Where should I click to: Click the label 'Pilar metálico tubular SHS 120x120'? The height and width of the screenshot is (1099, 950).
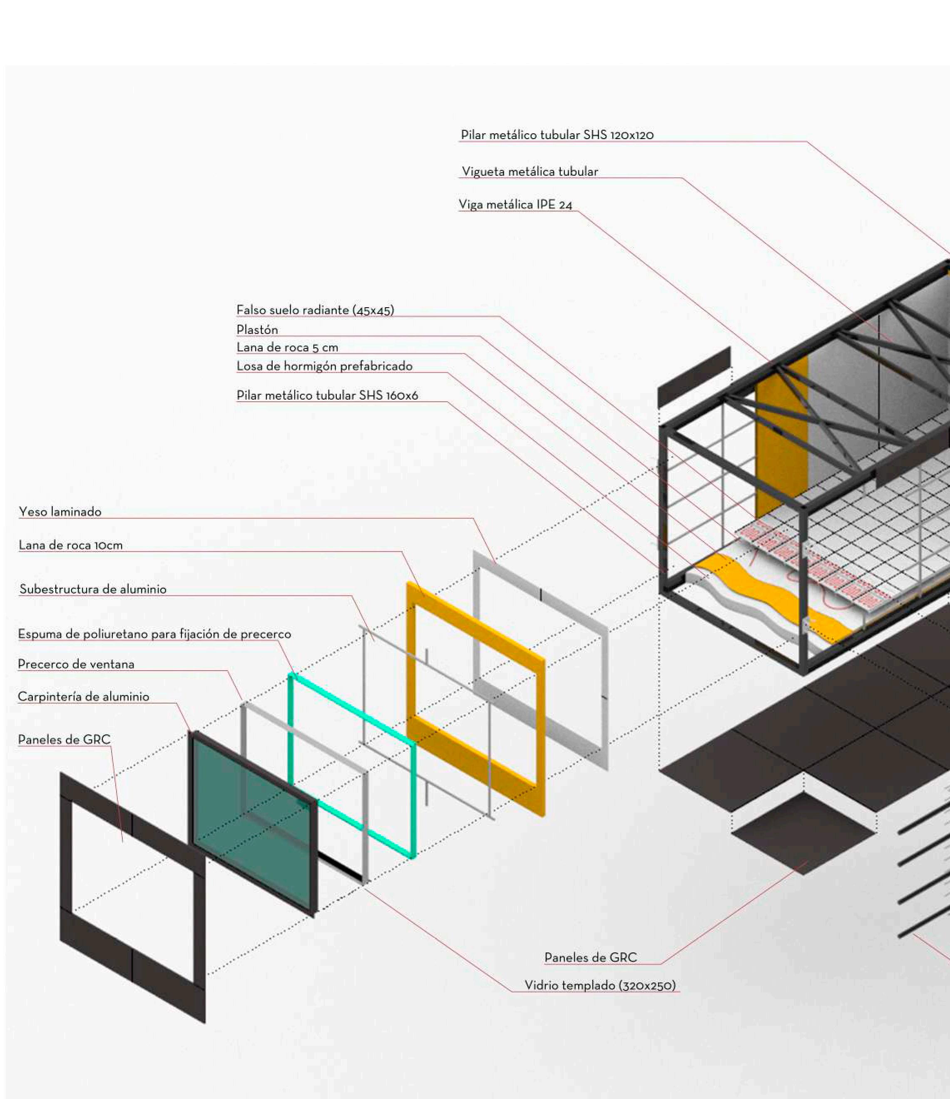coord(557,135)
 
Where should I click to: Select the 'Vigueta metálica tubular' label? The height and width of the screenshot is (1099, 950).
coord(530,172)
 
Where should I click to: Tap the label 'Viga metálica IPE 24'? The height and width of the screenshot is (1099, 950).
coord(515,205)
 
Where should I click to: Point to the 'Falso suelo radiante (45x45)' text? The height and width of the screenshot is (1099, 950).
coord(315,310)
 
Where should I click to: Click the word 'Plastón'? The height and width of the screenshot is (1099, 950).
coord(257,329)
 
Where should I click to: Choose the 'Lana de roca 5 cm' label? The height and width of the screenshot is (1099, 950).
coord(287,348)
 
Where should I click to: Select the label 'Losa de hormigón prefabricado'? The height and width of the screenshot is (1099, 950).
coord(324,366)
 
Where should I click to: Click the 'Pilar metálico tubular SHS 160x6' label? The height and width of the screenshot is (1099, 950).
coord(327,395)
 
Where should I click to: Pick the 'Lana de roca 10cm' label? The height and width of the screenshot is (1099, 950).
coord(70,545)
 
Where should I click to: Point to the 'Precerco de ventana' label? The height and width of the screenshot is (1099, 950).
coord(76,664)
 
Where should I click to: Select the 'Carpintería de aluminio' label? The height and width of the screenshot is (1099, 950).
coord(83,696)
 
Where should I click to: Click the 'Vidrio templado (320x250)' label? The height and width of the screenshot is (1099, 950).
coord(600,985)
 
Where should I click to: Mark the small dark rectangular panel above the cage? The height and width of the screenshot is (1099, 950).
coord(694,377)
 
